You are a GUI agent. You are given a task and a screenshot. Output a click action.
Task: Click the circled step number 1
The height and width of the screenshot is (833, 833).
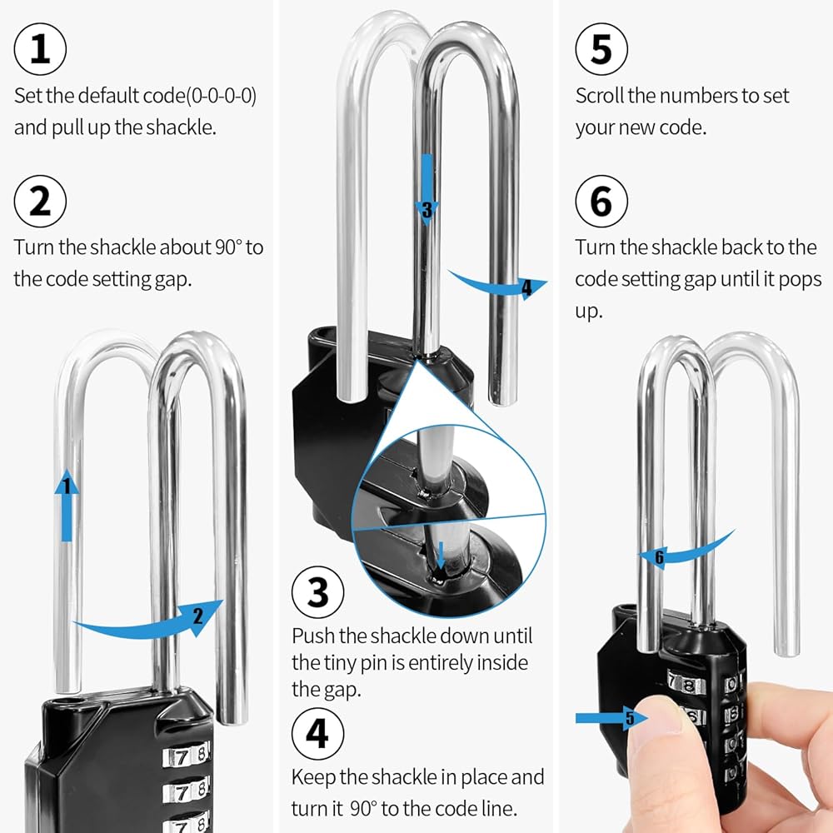click(x=40, y=49)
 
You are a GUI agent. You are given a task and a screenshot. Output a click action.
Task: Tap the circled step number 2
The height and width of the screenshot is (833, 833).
click(x=40, y=202)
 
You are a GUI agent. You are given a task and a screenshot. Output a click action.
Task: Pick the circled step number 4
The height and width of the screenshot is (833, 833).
click(x=317, y=735)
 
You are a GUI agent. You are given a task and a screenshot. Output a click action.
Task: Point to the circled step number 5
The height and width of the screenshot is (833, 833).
click(x=601, y=49)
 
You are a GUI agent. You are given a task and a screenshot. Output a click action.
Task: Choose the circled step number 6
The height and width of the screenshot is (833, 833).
click(x=601, y=202)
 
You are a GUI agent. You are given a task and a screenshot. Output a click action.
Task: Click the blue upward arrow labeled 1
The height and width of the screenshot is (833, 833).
click(x=67, y=505)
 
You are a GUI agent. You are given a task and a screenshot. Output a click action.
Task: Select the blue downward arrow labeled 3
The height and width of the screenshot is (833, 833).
click(x=426, y=187)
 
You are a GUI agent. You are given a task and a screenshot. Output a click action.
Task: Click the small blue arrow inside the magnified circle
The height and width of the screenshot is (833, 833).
click(x=441, y=555)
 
